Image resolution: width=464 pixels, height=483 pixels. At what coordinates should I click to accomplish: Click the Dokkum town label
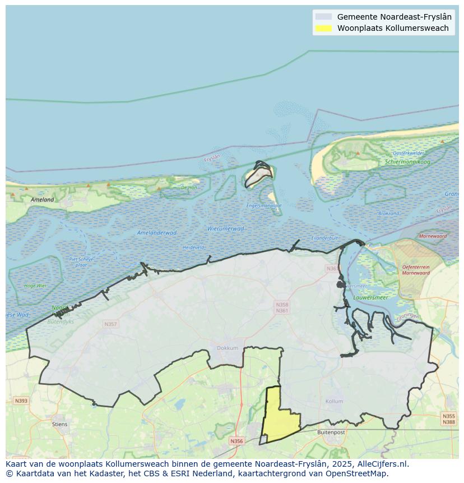tap(228, 348)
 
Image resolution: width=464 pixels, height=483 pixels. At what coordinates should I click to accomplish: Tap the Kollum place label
tap(334, 402)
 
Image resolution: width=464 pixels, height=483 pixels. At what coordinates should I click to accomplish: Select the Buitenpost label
tap(331, 433)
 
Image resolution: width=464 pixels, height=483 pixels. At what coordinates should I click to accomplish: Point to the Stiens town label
tap(59, 424)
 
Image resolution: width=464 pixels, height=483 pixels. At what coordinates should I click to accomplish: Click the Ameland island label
tap(43, 200)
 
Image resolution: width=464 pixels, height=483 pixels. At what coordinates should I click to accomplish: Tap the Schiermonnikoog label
tap(407, 162)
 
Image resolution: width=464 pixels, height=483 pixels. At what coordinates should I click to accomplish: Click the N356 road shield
tap(236, 441)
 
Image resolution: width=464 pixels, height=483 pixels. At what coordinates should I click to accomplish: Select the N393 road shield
tap(21, 401)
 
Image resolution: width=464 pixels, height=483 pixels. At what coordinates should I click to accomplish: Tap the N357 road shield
tap(110, 324)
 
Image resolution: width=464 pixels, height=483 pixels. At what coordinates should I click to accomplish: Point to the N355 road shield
tap(448, 416)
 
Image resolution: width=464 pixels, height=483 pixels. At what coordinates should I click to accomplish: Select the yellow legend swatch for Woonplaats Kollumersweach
tap(323, 28)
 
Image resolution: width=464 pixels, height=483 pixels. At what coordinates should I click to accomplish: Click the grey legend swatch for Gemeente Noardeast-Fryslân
tap(323, 17)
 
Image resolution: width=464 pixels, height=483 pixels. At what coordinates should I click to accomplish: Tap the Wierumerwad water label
tap(225, 229)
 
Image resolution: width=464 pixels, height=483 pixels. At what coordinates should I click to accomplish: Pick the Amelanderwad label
tap(156, 233)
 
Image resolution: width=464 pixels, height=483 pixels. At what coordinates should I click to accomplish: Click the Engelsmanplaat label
tap(264, 206)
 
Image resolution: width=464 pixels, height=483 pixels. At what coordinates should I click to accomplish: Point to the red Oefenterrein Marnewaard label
tap(416, 270)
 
